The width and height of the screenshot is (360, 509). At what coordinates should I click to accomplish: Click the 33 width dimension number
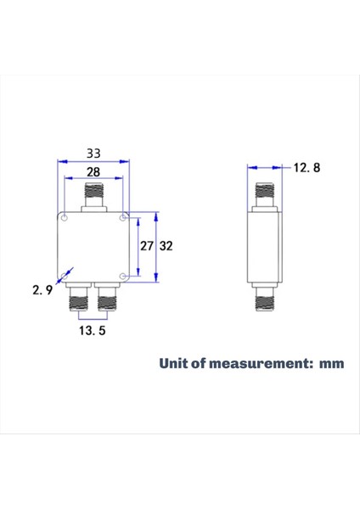point(94,154)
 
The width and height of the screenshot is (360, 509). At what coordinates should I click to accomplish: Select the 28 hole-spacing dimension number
point(94,172)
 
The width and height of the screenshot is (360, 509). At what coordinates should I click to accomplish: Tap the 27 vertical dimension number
point(147,246)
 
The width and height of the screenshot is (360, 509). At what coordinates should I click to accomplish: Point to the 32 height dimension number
point(166,246)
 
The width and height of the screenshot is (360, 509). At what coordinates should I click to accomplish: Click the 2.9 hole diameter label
point(43,290)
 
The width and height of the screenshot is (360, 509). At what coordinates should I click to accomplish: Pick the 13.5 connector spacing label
point(92,331)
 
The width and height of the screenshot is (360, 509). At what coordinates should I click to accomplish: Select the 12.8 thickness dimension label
point(307,168)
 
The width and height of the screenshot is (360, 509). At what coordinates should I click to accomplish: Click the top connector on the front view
point(93,199)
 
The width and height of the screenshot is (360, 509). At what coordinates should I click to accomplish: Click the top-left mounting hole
point(64,217)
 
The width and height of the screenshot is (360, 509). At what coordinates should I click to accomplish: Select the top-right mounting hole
point(124,218)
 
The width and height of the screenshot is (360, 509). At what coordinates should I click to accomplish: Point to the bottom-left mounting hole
point(64,276)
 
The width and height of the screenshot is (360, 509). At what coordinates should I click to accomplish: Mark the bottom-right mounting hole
point(124,276)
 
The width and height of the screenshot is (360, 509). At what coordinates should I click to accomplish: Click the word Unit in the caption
point(174,363)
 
